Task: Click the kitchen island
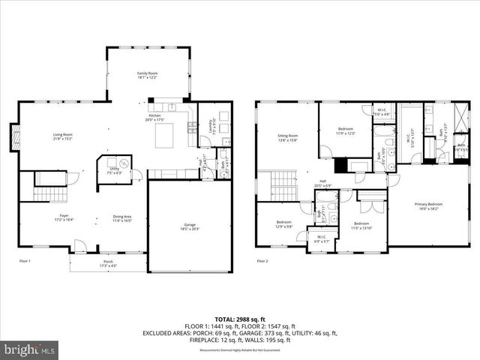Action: click(166, 136)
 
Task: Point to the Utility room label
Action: click(114, 170)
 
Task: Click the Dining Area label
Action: click(121, 218)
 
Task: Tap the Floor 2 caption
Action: click(262, 261)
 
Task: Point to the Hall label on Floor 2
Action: click(323, 182)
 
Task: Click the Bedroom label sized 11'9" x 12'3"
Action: click(346, 130)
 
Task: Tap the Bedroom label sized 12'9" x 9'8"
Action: click(283, 223)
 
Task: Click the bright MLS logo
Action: click(30, 349)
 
